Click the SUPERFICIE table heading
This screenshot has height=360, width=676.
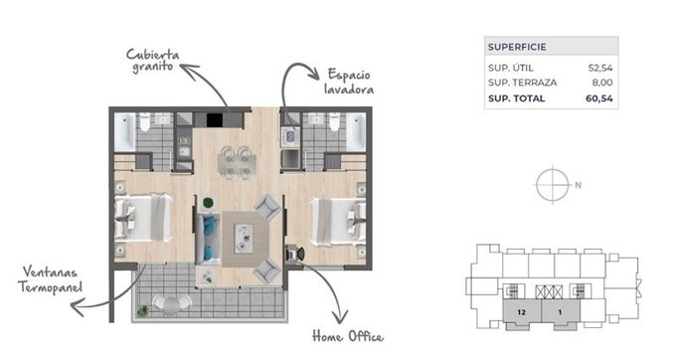[x=517, y=47]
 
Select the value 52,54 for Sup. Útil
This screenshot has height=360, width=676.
[x=600, y=68]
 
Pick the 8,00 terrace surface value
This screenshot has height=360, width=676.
[x=602, y=83]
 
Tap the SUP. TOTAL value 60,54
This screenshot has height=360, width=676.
[x=598, y=98]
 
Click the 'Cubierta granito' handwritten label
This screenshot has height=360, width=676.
[x=153, y=61]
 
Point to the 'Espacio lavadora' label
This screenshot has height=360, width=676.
[x=349, y=82]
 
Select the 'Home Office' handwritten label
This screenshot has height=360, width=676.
[x=348, y=336]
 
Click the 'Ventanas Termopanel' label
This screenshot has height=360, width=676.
[x=50, y=279]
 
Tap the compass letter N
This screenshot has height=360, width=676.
[x=579, y=185]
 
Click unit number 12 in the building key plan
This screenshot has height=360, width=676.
[x=522, y=312]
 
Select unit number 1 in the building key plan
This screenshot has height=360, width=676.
[x=560, y=312]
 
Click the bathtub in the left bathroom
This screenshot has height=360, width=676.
[x=124, y=131]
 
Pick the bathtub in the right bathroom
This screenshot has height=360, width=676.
[x=356, y=131]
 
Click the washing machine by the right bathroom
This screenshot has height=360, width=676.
[x=289, y=137]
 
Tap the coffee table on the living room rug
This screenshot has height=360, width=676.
[x=244, y=238]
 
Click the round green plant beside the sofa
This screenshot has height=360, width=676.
[x=208, y=202]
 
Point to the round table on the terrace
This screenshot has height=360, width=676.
[x=171, y=305]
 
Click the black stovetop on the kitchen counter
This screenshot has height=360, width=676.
[x=215, y=120]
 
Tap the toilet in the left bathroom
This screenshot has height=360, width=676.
[x=145, y=122]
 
